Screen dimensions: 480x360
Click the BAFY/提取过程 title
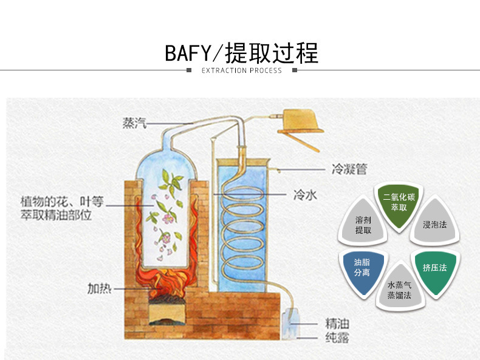coord(241,53)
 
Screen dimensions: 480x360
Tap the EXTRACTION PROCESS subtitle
coord(241,70)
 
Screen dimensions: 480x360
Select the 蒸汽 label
coord(134,123)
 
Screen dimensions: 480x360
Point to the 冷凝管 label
coord(349,169)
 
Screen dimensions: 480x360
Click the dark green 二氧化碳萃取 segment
coord(399,203)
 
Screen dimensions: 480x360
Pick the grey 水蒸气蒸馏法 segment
coord(399,289)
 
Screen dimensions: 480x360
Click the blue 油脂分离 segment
coord(362,268)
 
